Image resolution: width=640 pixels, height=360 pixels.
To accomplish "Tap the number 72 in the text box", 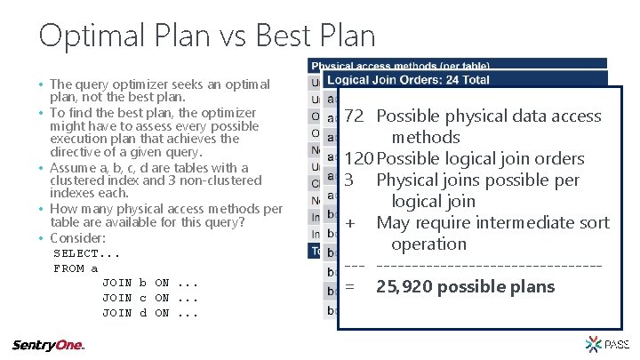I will [353, 116].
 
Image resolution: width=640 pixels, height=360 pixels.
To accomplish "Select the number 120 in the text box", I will [357, 158].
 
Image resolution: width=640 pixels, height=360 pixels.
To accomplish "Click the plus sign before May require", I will [351, 222].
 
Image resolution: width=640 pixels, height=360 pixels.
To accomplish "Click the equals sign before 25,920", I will [350, 286].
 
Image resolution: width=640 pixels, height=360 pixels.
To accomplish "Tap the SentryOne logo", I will [49, 345].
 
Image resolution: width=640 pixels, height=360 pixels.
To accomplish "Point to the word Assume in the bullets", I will [71, 168].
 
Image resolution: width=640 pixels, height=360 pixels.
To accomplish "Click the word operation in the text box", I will [428, 244].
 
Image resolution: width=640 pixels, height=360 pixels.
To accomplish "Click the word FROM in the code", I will [68, 268].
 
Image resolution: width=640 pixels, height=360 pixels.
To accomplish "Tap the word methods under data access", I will [425, 137].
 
